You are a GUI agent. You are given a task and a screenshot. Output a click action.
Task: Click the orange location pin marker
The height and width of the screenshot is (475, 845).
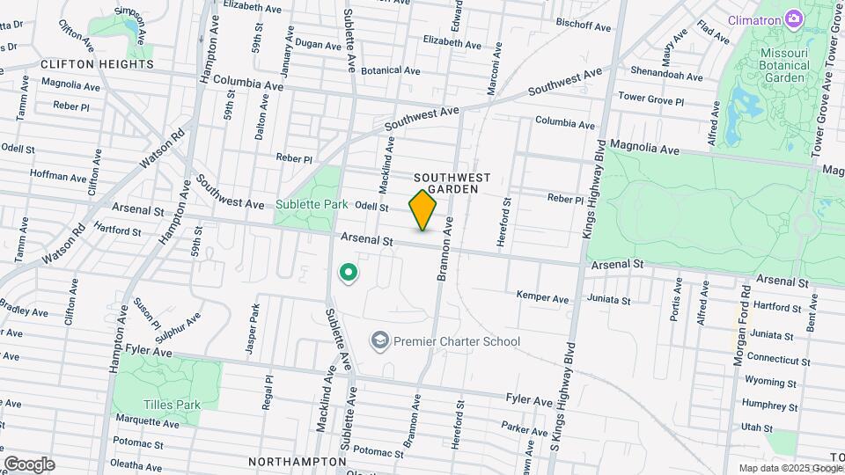[423, 211]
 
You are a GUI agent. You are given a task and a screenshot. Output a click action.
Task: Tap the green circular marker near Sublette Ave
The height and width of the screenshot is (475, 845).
[349, 274]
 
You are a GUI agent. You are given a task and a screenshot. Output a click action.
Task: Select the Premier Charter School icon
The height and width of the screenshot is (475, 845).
[380, 340]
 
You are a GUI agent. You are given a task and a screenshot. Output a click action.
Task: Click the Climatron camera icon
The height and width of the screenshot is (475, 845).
[794, 19]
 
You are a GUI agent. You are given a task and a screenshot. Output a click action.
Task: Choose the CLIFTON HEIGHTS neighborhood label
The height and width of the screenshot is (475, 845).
[97, 64]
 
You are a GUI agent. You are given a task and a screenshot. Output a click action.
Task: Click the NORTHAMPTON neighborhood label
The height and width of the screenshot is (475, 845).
[297, 461]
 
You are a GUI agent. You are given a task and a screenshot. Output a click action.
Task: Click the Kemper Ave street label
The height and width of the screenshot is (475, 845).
[542, 296]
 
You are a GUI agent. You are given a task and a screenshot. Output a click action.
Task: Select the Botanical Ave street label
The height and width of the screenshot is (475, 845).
[391, 70]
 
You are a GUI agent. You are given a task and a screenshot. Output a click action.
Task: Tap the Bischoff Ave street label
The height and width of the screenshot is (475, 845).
[584, 27]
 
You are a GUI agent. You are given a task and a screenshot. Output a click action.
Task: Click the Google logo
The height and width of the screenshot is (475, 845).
[29, 464]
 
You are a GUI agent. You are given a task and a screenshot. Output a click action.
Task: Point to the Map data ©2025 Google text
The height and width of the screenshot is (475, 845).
[790, 468]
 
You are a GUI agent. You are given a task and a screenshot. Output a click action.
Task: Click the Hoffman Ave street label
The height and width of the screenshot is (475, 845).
[57, 176]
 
